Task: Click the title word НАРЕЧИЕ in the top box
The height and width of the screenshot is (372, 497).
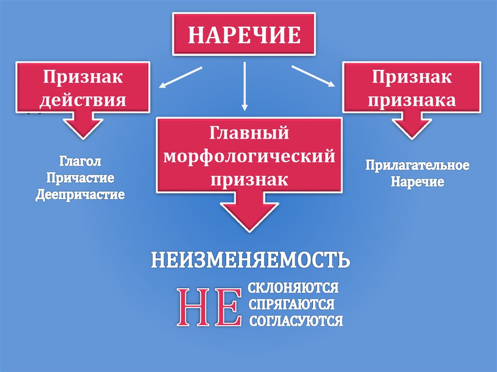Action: (x=244, y=34)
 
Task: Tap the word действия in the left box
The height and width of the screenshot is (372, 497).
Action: (x=83, y=100)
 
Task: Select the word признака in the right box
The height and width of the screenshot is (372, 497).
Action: (x=412, y=100)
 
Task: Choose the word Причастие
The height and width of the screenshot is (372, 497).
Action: (x=81, y=178)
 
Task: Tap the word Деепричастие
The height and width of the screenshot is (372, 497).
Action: (x=81, y=194)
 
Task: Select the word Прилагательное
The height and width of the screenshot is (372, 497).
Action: (x=417, y=165)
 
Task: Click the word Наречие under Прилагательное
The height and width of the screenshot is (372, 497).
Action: (x=418, y=182)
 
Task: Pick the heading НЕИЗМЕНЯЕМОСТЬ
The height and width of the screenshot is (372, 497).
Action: (x=250, y=260)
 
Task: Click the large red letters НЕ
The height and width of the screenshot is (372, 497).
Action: (x=209, y=307)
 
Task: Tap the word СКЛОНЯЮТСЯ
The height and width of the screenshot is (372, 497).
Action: (x=293, y=288)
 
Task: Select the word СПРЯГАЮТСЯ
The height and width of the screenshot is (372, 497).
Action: (x=291, y=305)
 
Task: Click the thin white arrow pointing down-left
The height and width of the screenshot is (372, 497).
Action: (x=180, y=78)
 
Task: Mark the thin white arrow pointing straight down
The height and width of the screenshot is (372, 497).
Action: (x=245, y=85)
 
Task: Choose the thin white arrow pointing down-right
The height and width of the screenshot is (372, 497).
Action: (x=314, y=76)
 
